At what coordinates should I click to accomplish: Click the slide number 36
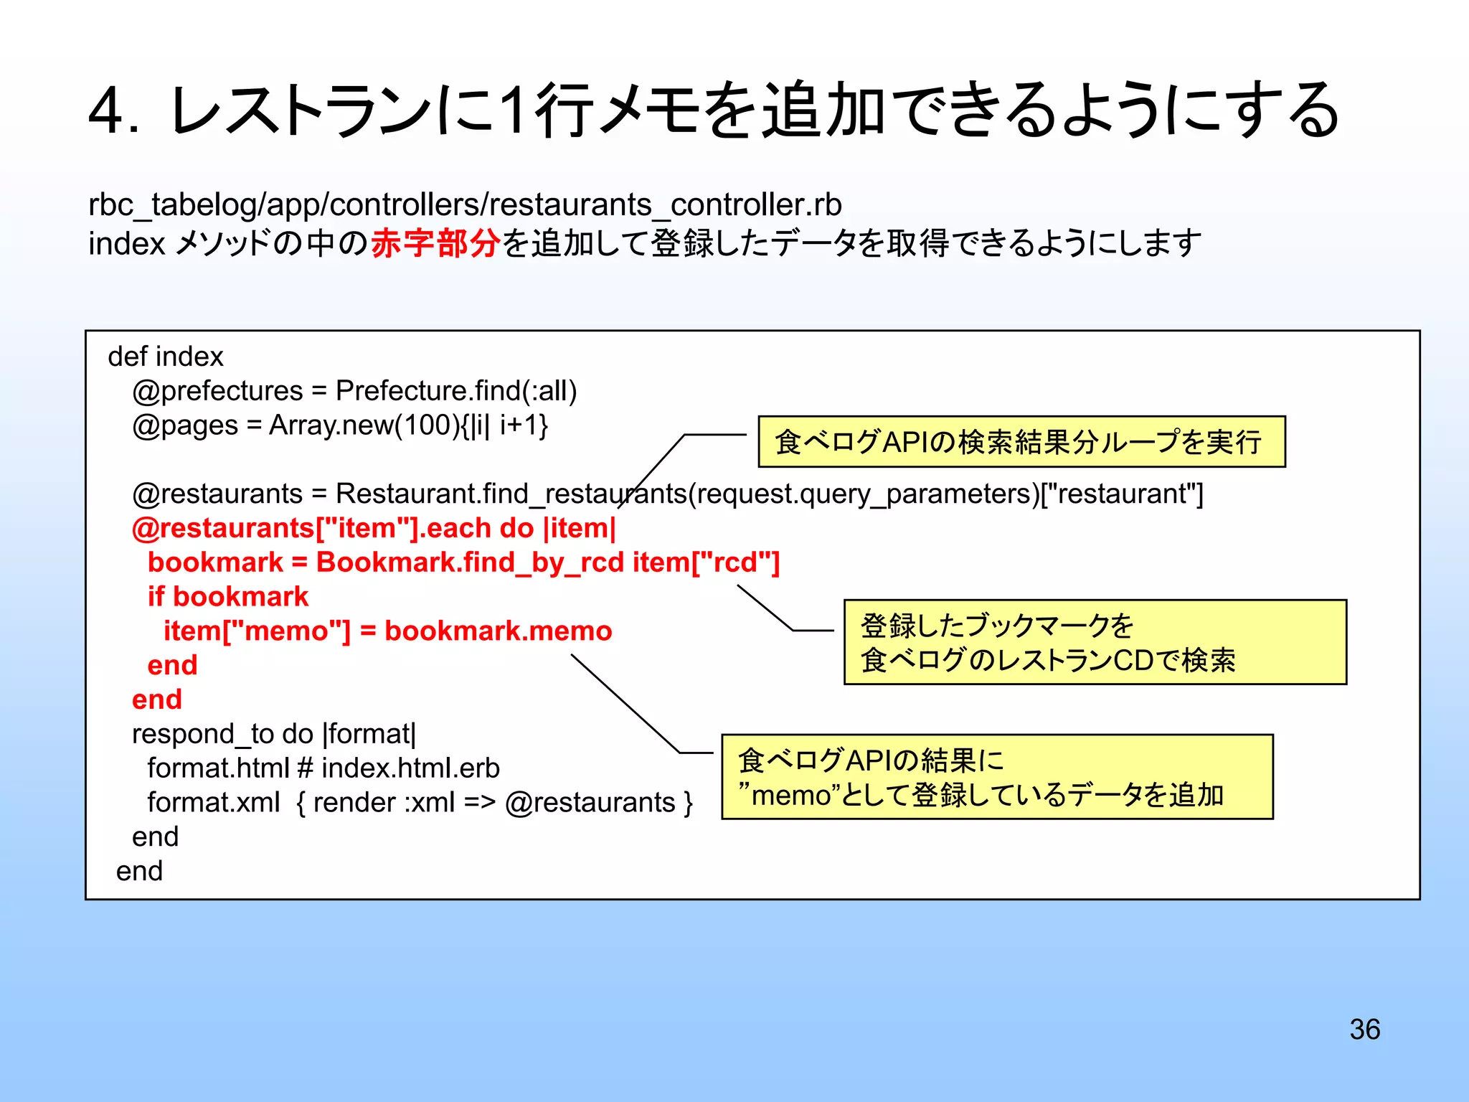pos(1364,1030)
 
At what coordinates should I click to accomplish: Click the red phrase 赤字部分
pos(435,243)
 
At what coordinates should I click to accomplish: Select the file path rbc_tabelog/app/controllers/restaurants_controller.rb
pos(465,205)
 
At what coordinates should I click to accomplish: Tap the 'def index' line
pos(166,357)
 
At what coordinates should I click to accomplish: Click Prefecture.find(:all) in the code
pos(456,391)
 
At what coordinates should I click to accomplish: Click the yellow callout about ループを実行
pos(1021,442)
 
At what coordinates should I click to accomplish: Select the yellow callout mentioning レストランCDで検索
pos(1095,642)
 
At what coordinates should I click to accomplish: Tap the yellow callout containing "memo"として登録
pos(997,777)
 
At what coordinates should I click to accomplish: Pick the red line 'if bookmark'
pos(227,597)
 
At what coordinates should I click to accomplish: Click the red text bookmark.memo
pos(499,631)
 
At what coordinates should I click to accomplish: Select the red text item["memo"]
pos(257,631)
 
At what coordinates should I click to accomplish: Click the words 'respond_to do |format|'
pos(273,734)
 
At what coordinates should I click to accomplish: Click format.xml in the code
pos(213,803)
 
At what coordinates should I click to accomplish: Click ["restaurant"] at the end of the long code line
pos(1122,494)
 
